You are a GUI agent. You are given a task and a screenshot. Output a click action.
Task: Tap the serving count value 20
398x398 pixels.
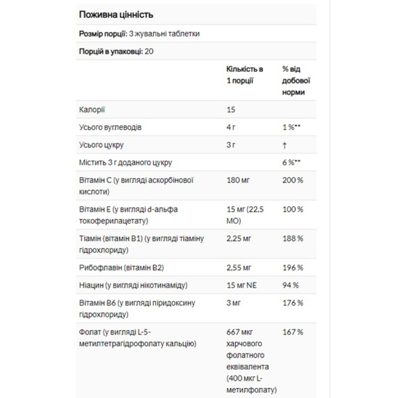tap(149, 51)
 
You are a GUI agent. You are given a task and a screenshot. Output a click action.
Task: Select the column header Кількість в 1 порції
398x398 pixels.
tap(245, 75)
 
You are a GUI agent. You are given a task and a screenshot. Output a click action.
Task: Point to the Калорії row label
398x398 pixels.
tap(92, 109)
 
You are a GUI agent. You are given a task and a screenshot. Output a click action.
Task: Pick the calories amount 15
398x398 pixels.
tap(231, 109)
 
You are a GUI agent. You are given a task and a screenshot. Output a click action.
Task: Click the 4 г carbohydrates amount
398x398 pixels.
tap(231, 127)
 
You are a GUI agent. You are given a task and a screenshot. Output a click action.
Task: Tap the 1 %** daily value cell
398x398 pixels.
tap(292, 127)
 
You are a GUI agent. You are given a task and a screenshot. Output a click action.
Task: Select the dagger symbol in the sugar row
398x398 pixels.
tap(284, 145)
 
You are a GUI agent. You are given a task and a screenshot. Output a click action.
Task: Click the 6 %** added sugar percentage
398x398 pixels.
tap(292, 163)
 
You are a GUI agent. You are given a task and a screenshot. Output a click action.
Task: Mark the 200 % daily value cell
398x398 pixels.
tap(293, 180)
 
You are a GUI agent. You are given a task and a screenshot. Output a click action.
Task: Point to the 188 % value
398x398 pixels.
tap(293, 238)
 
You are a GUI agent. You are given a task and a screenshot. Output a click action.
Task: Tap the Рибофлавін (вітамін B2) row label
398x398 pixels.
tap(121, 268)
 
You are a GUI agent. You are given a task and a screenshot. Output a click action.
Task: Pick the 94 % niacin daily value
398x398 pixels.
tap(291, 285)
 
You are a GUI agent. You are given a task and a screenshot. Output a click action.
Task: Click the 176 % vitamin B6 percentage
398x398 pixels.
tap(293, 302)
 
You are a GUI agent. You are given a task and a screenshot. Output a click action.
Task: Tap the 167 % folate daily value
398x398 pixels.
tap(293, 332)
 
